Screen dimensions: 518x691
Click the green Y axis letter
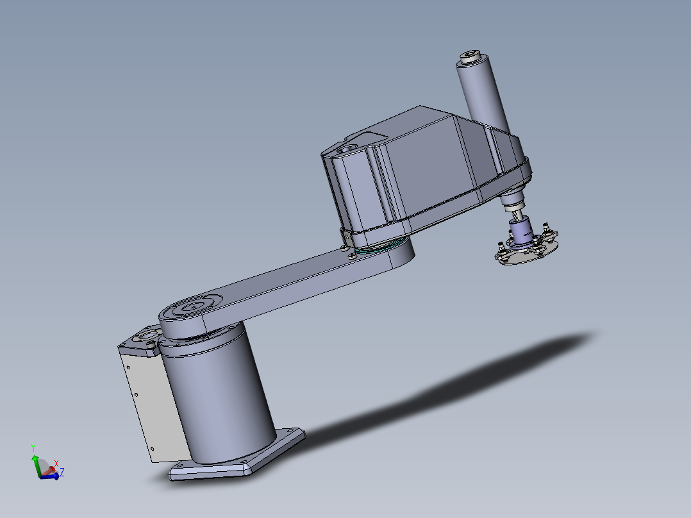(33, 448)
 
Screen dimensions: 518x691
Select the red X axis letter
(56, 463)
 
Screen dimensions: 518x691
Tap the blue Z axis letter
(62, 472)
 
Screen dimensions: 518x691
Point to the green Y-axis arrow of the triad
(34, 461)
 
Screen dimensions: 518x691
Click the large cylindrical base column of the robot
(218, 397)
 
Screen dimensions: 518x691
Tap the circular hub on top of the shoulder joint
(191, 307)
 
